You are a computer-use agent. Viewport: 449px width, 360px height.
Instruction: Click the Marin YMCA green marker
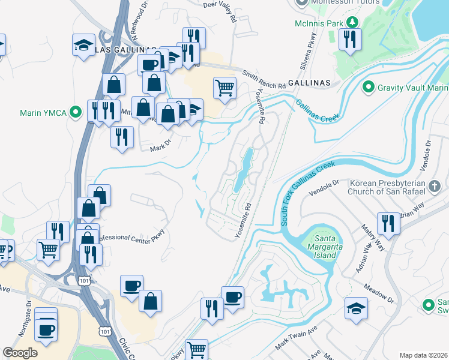[x=76, y=112]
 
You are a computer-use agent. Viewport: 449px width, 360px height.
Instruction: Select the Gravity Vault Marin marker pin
[x=369, y=88]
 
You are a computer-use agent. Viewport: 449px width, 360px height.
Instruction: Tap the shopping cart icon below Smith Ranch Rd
[x=224, y=89]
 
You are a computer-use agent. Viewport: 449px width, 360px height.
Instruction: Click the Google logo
[x=20, y=353]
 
